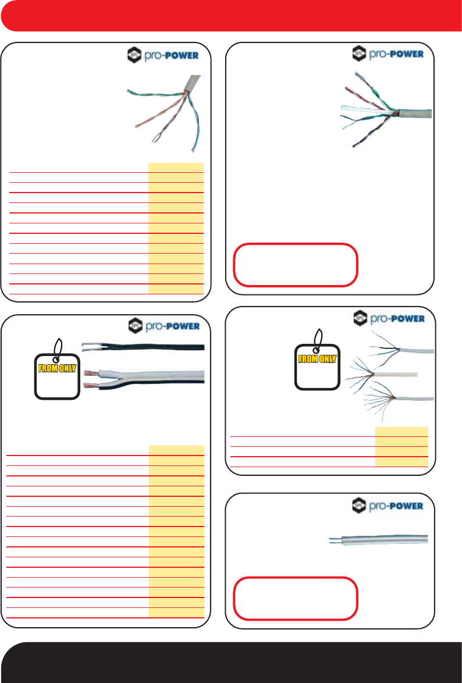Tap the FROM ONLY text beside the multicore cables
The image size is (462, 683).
click(x=318, y=358)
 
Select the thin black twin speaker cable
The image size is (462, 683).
click(x=145, y=347)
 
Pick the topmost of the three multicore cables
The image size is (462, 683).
click(x=413, y=351)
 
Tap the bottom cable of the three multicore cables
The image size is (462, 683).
click(x=413, y=399)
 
